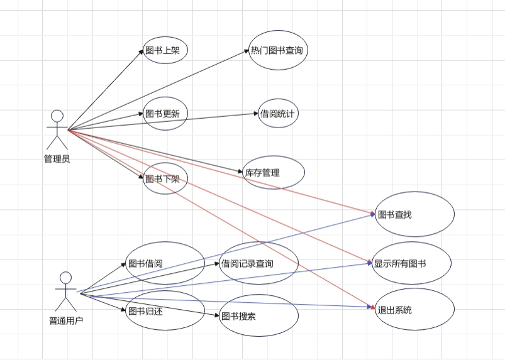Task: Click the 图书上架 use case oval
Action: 166,50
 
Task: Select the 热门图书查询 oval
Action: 277,50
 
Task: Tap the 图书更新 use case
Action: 166,114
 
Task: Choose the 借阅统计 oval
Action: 278,114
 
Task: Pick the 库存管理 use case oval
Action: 274,172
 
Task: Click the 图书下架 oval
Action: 165,179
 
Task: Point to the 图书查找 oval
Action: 414,214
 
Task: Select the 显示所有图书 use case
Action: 412,263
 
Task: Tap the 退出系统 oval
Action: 414,310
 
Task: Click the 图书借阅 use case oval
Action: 165,263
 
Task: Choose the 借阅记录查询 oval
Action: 258,263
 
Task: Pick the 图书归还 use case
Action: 165,310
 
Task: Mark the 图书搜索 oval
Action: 258,315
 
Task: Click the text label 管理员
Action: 57,159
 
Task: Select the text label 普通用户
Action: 66,320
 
